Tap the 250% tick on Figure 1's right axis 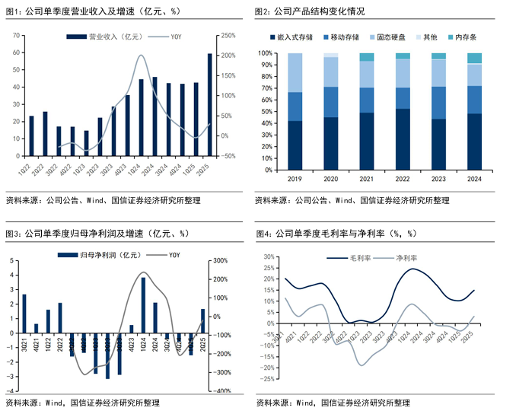point(228,36)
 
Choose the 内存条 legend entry point(462,37)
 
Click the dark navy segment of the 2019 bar point(295,145)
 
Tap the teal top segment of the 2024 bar point(474,59)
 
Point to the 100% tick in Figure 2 point(267,53)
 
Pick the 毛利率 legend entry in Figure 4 point(358,259)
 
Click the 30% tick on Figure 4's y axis point(266,256)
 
